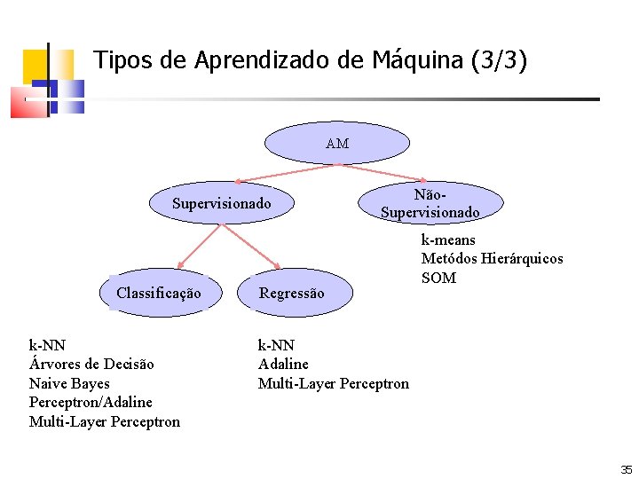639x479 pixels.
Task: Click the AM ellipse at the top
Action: pyautogui.click(x=337, y=143)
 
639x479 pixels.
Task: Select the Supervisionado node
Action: pyautogui.click(x=221, y=204)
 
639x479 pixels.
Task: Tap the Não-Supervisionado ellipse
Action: pyautogui.click(x=430, y=203)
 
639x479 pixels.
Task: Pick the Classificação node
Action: pyautogui.click(x=158, y=293)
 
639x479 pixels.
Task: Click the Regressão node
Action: pyautogui.click(x=292, y=293)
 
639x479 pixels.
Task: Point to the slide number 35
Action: pyautogui.click(x=627, y=468)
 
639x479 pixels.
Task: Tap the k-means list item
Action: pyautogui.click(x=447, y=239)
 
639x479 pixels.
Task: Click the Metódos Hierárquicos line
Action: pyautogui.click(x=492, y=258)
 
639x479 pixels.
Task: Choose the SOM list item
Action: pyautogui.click(x=438, y=278)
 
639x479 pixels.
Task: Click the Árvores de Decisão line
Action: pyautogui.click(x=91, y=364)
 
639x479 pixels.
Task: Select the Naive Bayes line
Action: pyautogui.click(x=69, y=383)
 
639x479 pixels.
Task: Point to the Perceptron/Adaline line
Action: pyautogui.click(x=91, y=402)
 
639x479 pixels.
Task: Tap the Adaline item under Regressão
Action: pyautogui.click(x=283, y=364)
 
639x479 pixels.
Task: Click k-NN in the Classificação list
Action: pyautogui.click(x=47, y=344)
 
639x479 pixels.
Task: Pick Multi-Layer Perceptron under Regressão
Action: pyautogui.click(x=334, y=383)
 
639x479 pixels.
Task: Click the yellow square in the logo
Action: pyautogui.click(x=35, y=65)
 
